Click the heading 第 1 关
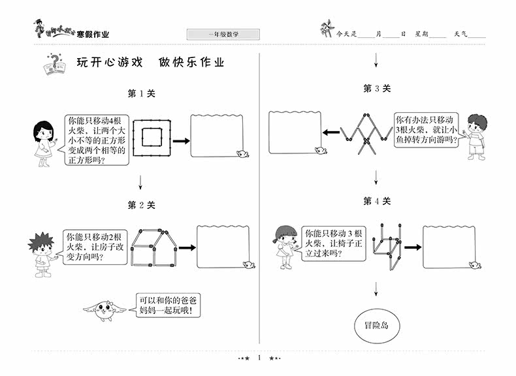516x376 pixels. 141,93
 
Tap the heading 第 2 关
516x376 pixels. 141,205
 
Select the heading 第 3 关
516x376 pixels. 377,89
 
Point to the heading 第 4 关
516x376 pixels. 377,201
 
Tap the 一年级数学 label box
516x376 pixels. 223,34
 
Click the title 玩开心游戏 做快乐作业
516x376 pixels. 150,63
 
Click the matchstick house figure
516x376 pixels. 153,247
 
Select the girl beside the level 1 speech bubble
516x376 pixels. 42,142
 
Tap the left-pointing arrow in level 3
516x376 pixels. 332,133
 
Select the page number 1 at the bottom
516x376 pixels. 259,358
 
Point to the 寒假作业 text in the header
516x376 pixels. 93,34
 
